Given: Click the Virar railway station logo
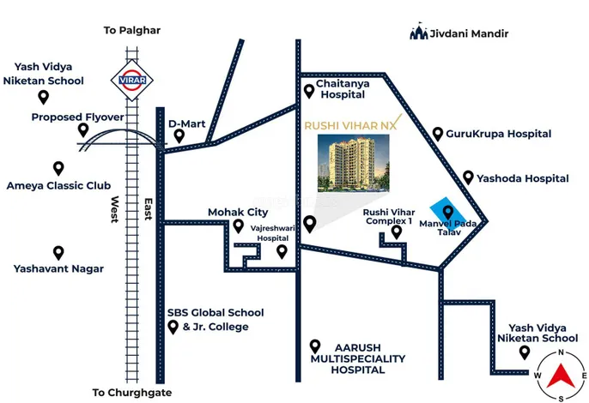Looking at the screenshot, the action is [132, 80].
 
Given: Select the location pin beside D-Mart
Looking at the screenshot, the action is [179, 135].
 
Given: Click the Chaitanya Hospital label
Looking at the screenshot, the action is [343, 89].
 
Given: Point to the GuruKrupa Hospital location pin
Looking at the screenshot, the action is [438, 134].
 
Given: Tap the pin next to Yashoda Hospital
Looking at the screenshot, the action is [468, 177].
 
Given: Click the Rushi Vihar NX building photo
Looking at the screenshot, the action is [354, 164].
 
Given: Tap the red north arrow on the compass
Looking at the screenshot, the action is [561, 376].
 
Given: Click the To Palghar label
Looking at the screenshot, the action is [132, 30].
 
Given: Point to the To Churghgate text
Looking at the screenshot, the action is [132, 393].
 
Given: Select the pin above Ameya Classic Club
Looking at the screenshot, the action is [58, 168].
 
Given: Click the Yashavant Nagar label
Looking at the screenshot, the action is [58, 268].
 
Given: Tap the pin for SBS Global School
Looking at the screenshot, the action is [173, 328].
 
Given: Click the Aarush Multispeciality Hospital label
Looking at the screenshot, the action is [358, 358].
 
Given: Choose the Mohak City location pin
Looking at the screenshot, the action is [238, 226].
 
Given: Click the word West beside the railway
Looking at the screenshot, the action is [115, 209].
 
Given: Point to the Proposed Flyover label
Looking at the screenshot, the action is [78, 117].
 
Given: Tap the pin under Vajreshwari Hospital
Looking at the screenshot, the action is [282, 252].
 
